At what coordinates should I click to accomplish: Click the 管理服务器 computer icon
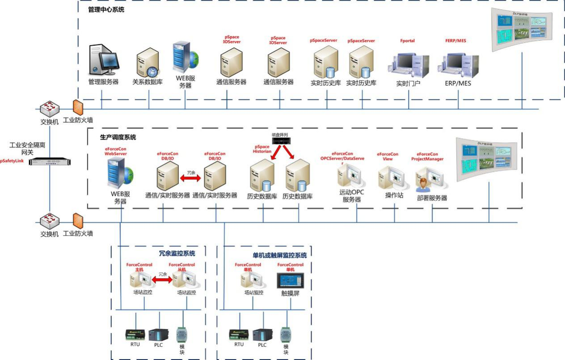pos(104,60)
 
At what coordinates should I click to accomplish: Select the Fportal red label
pos(407,41)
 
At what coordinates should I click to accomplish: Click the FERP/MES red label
pos(455,41)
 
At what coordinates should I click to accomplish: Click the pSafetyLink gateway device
pos(50,161)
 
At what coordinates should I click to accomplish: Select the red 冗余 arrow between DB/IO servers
pos(191,178)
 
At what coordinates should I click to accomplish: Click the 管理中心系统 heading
pos(106,9)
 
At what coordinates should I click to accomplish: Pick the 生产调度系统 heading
pos(118,137)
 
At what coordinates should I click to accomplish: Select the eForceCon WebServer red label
pos(116,151)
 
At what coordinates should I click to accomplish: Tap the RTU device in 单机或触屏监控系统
pos(239,335)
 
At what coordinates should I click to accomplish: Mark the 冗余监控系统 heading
pos(177,253)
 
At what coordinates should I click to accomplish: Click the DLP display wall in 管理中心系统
pos(521,30)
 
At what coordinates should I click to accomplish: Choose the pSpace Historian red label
pos(262,149)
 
